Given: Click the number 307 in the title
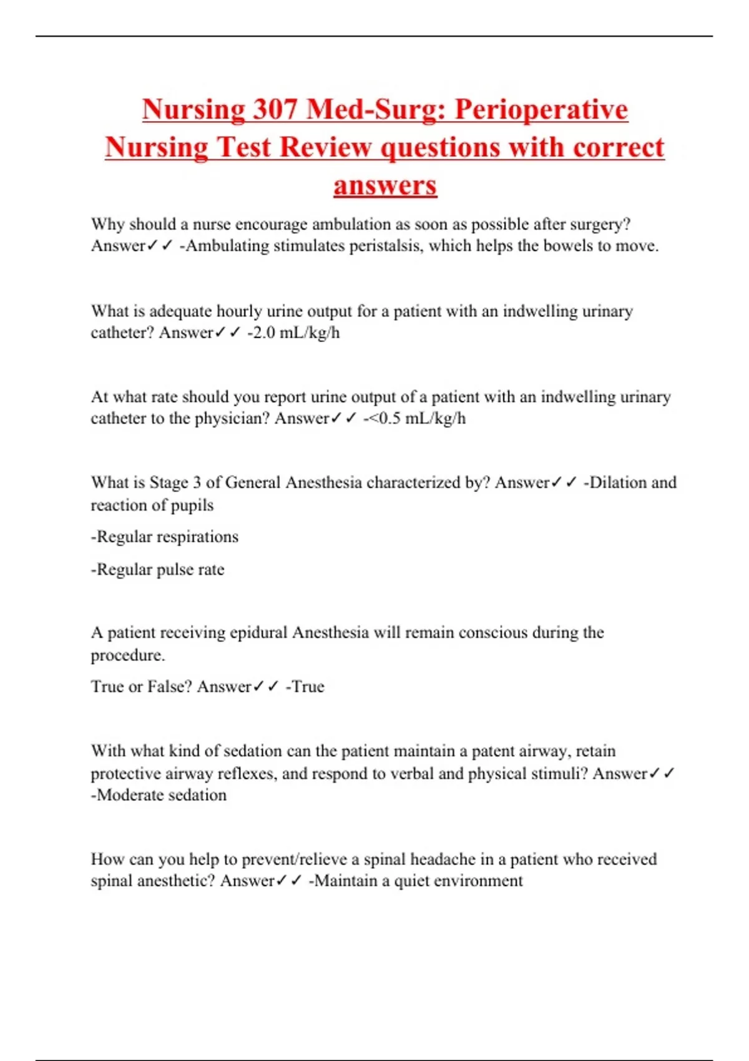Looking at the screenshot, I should pos(275,109).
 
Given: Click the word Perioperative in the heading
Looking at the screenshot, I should pos(541,109).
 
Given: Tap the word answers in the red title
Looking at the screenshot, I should pos(385,185).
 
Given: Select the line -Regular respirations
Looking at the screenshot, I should pos(165,537).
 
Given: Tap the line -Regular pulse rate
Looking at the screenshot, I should pos(157,569).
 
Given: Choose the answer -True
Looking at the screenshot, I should pos(305,687).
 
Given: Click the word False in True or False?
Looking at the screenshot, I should pos(169,687).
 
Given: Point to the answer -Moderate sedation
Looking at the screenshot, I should pos(159,795).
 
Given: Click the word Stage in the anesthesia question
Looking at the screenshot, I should pos(169,482).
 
